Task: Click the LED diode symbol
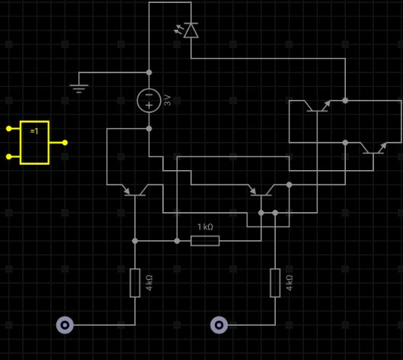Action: click(x=191, y=31)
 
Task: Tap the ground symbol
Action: click(x=79, y=88)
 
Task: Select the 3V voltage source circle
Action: click(x=149, y=101)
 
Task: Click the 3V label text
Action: click(x=168, y=101)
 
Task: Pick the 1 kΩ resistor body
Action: click(x=205, y=241)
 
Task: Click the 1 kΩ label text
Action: click(x=205, y=227)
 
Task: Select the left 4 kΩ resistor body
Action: click(x=135, y=283)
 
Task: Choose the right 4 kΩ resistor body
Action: click(x=275, y=283)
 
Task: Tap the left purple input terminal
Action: click(x=65, y=325)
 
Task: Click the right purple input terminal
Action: click(x=219, y=325)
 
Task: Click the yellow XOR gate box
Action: click(x=35, y=143)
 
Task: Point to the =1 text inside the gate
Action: click(x=34, y=131)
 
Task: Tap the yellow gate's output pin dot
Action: click(x=65, y=143)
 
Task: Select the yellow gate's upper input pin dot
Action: click(x=8, y=128)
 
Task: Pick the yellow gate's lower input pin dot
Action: click(x=8, y=156)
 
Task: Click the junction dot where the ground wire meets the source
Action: click(x=149, y=72)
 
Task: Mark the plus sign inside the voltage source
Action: click(x=149, y=105)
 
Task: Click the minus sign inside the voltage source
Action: click(x=149, y=95)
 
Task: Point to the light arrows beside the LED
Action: click(x=179, y=29)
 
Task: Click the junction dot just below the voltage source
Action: click(x=149, y=128)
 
